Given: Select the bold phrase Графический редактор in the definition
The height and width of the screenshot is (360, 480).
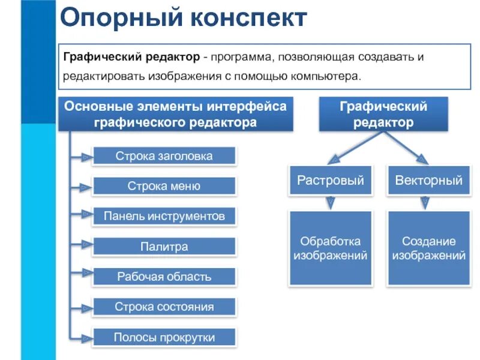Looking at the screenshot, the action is [x=132, y=56].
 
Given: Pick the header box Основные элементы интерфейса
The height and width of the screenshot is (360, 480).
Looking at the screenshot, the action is [x=176, y=114].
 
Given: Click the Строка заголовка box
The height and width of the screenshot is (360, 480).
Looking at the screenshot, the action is [x=164, y=157].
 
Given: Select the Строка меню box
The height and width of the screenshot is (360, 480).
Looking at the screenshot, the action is [x=164, y=186].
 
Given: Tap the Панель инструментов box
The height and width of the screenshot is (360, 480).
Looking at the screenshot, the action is [x=164, y=216].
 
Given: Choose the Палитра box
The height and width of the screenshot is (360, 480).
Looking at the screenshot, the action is [x=164, y=247].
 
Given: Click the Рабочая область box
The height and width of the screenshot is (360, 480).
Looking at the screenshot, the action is [x=164, y=277].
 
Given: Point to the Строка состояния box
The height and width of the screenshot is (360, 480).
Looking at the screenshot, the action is [x=164, y=307].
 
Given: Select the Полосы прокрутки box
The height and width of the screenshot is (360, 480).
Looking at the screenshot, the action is [x=164, y=337].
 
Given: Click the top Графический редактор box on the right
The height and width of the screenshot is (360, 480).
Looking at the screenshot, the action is [x=383, y=115].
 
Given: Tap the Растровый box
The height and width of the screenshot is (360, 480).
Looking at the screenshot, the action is [x=331, y=180].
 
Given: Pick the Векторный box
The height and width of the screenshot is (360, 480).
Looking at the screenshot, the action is [x=429, y=180].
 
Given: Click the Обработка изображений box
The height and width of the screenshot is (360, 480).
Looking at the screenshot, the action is [x=331, y=248].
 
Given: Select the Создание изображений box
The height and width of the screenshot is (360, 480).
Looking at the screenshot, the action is [x=429, y=248].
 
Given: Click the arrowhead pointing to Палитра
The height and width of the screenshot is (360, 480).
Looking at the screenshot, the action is [x=86, y=247].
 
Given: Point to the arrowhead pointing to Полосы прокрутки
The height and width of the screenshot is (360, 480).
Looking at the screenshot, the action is [x=86, y=337].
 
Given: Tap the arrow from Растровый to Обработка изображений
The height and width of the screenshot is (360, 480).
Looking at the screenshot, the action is [x=331, y=203].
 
